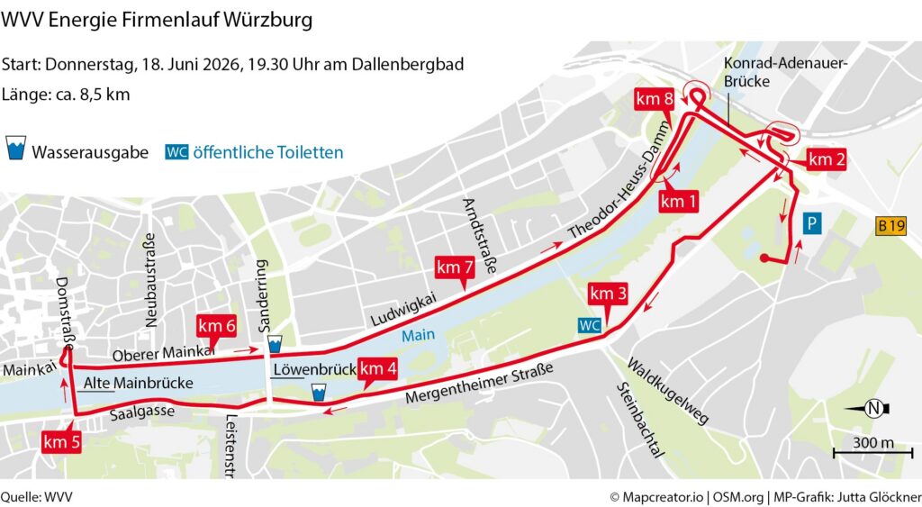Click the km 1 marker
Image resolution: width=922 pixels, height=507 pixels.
679,202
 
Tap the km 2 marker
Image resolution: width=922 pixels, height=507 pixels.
827,159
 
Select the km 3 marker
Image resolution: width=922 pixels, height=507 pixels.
609,294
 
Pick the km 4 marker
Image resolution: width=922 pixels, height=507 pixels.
378,368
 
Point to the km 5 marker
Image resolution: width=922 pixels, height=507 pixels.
62,441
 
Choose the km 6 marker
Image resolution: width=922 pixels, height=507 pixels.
217,326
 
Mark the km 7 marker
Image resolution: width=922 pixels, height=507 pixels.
455,267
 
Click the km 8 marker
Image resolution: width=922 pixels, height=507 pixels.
654,100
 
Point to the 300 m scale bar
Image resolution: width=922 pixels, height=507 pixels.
872,448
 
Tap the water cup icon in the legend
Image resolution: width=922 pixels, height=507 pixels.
16,150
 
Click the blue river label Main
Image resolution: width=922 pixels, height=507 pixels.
419,335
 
